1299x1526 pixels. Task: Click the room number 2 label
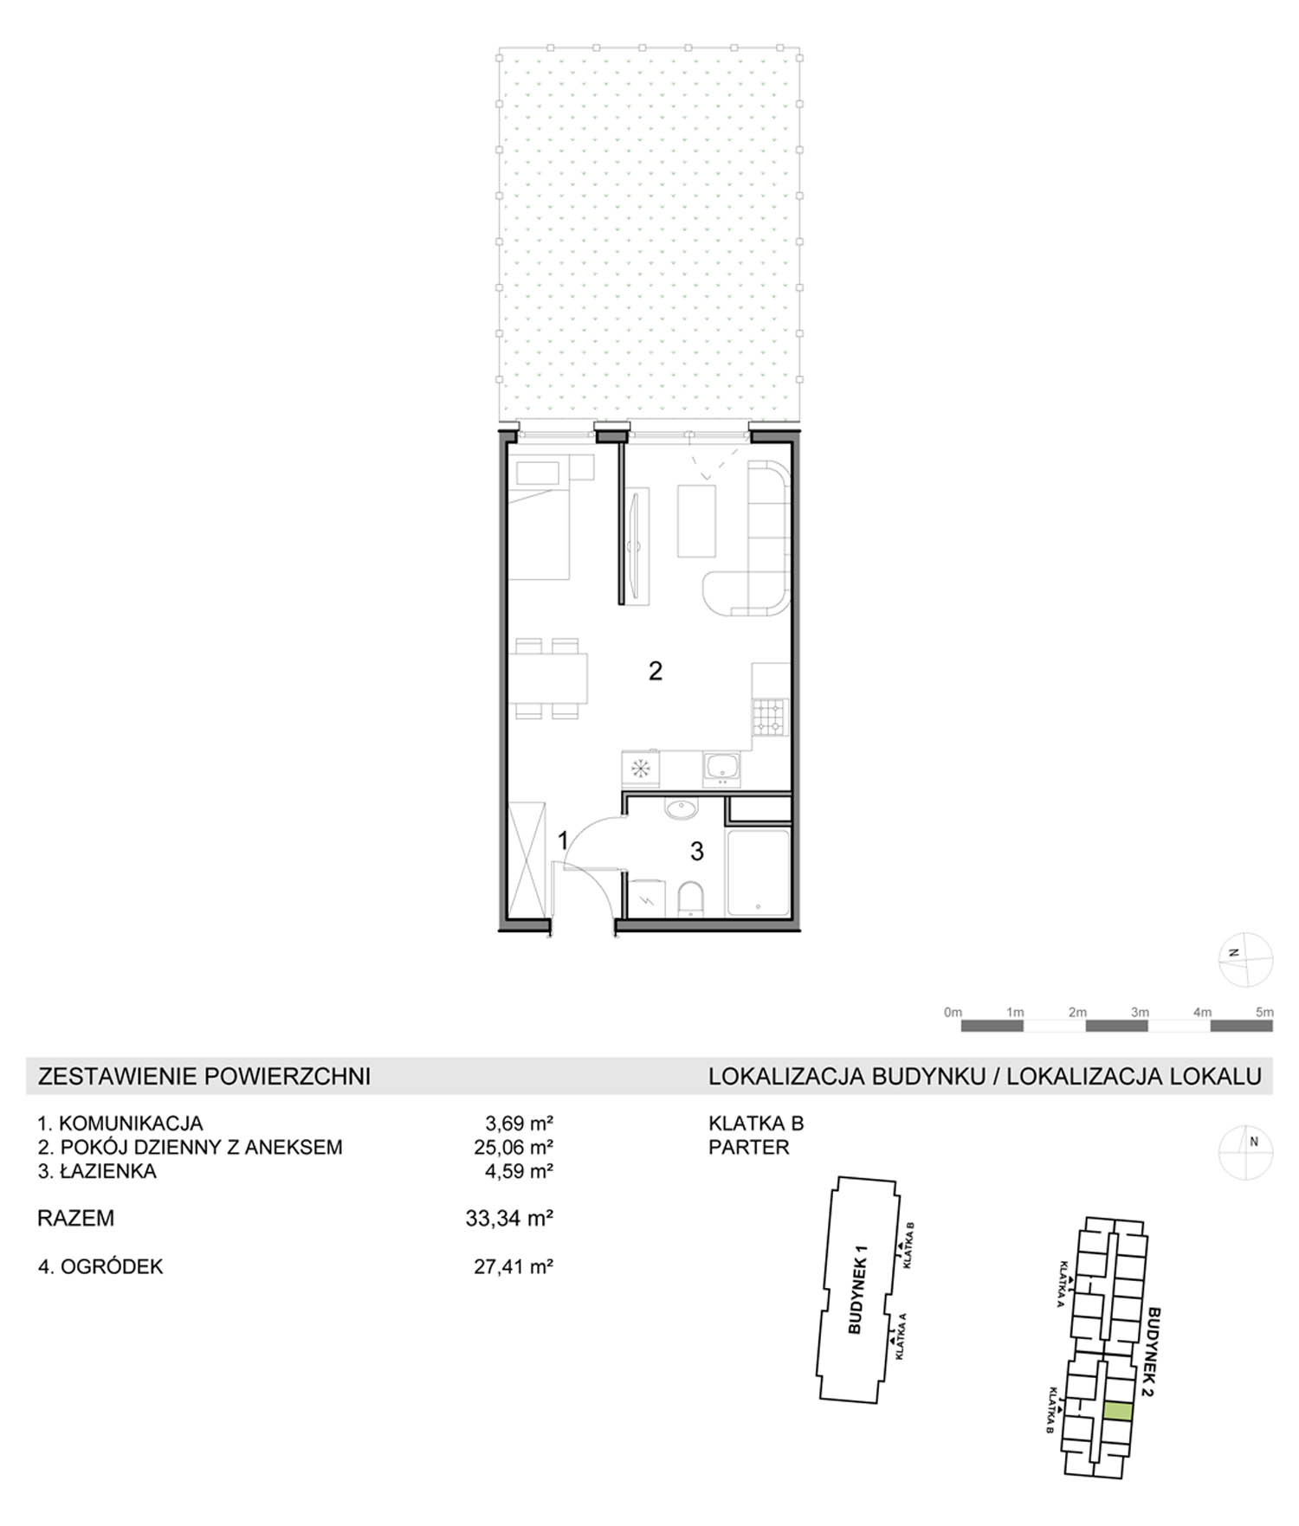(x=656, y=671)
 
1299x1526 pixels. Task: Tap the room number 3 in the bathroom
(x=697, y=852)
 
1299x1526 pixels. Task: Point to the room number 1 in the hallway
(x=563, y=840)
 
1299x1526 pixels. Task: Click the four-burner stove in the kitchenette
(x=769, y=717)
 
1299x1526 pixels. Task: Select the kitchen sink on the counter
(x=721, y=767)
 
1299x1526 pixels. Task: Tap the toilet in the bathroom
(x=691, y=898)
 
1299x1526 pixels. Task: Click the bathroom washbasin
(x=682, y=809)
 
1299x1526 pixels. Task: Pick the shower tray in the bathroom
(x=758, y=872)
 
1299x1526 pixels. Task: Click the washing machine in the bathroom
(x=644, y=898)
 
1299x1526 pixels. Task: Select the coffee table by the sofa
(x=697, y=521)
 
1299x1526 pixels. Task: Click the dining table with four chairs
(x=547, y=679)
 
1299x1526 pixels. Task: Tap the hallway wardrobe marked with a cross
(x=527, y=859)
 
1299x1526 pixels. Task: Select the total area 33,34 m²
(x=509, y=1219)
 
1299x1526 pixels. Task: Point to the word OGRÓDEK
(x=112, y=1266)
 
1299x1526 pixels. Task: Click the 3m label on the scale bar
(x=1140, y=1012)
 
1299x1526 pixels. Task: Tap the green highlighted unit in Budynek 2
(x=1118, y=1412)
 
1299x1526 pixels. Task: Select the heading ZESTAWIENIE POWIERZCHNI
(x=204, y=1076)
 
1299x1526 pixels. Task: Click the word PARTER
(x=749, y=1148)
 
